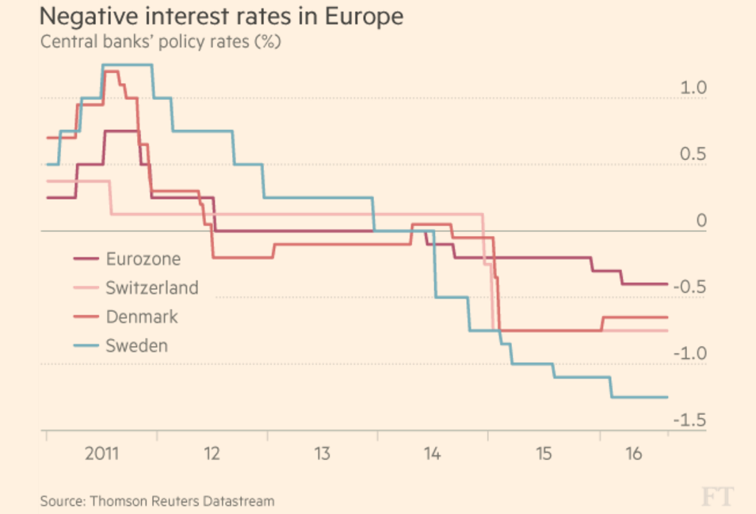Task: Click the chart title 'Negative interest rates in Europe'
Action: click(x=224, y=15)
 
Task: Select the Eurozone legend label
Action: click(x=143, y=259)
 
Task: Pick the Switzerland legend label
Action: click(x=151, y=287)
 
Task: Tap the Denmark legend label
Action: click(x=142, y=317)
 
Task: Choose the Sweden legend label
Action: click(x=136, y=345)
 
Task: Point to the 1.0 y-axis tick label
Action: click(x=693, y=88)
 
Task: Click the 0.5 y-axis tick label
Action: click(x=693, y=154)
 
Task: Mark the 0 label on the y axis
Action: click(x=701, y=220)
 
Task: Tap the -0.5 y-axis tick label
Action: click(x=689, y=287)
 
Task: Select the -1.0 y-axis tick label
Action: click(x=689, y=353)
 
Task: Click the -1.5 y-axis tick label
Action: click(x=689, y=420)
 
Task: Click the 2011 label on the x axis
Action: click(x=101, y=454)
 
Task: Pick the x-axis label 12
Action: click(x=212, y=454)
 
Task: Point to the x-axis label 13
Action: click(x=322, y=454)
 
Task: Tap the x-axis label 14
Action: click(x=432, y=454)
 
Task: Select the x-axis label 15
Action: click(x=543, y=454)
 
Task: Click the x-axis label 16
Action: click(x=633, y=454)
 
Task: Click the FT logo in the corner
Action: click(x=717, y=496)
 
